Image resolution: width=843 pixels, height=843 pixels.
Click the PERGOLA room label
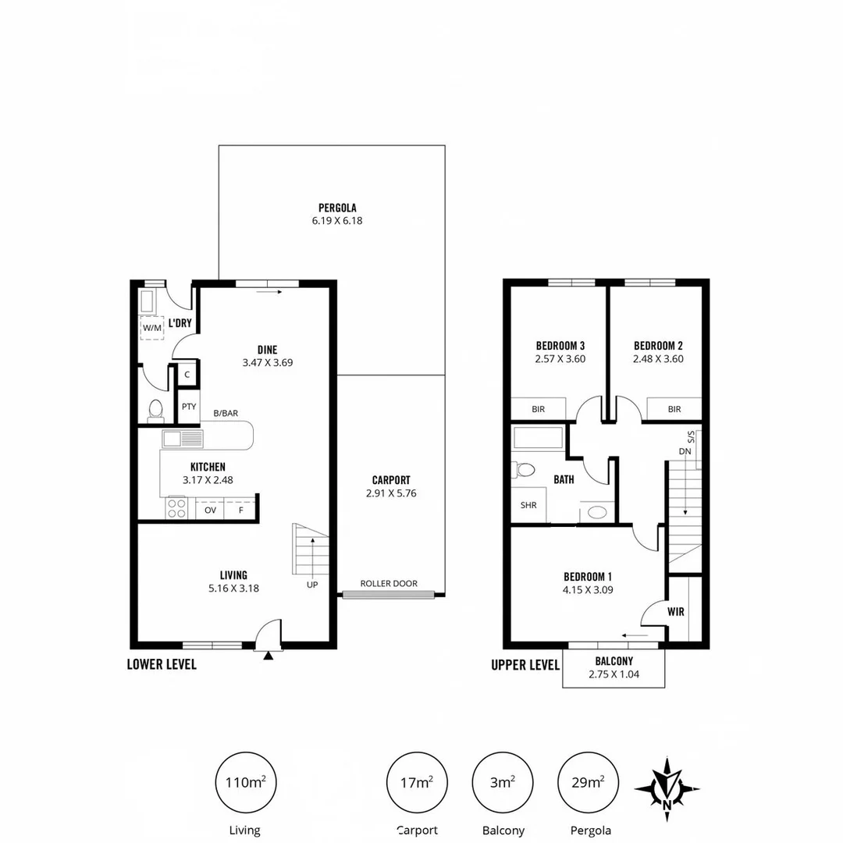point(337,208)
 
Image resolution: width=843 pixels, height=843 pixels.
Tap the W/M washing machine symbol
point(151,328)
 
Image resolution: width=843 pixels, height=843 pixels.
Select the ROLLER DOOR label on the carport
point(388,583)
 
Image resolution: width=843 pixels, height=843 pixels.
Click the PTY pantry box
point(189,406)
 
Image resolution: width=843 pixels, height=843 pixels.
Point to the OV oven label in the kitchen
point(210,510)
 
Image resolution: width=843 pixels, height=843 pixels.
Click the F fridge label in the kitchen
point(240,510)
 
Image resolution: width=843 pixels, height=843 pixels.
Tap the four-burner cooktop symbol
point(177,509)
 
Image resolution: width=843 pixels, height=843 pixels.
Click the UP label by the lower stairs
point(312,584)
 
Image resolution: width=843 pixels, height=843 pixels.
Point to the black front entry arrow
point(269,656)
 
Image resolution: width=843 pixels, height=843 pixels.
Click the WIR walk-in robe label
point(676,612)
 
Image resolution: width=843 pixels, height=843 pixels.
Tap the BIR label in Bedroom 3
point(538,409)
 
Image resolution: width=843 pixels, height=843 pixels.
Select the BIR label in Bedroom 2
point(674,409)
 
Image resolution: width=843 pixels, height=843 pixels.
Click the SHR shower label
point(528,504)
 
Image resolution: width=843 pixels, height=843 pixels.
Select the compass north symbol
point(667,788)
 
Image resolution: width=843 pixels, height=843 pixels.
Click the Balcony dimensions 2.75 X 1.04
point(614,674)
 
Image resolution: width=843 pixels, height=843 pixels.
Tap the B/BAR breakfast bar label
point(226,414)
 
